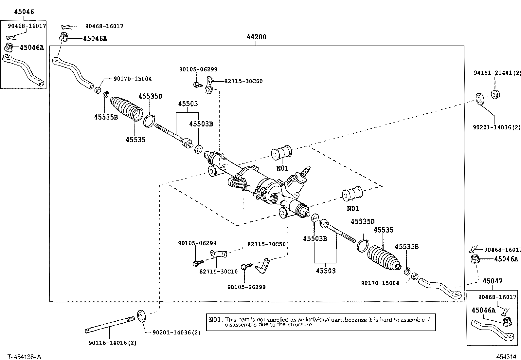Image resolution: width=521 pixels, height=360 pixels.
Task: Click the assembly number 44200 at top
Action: [256, 37]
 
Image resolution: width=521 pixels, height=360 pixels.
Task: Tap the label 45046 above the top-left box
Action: [24, 12]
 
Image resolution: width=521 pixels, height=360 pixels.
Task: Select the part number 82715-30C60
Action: [243, 81]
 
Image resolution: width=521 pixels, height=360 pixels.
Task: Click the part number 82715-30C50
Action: [266, 244]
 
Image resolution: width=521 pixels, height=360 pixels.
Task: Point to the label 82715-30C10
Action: [219, 272]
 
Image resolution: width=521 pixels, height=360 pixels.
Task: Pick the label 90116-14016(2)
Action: [112, 343]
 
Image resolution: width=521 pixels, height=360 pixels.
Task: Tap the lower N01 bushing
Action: [352, 194]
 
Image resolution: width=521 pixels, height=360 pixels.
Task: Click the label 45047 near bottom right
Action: [492, 281]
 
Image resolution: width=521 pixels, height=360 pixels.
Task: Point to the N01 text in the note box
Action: [215, 320]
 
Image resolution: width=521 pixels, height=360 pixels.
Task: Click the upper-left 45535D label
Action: [150, 96]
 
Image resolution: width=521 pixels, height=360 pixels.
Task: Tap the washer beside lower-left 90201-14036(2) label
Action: [142, 316]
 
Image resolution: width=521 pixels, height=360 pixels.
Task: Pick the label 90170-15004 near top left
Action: [133, 79]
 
